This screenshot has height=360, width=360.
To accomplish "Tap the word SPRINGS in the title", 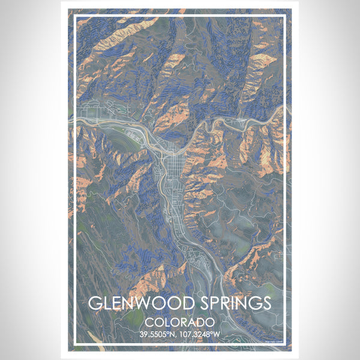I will click(x=230, y=303).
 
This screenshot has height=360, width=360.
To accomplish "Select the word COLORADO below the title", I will click(x=180, y=321).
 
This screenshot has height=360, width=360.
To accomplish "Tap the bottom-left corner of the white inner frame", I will click(x=74, y=344).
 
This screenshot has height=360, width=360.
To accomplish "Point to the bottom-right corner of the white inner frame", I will click(x=286, y=344).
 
